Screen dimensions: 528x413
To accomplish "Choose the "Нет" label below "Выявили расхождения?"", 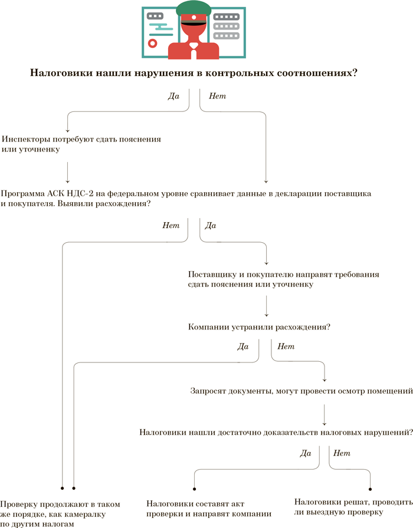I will coord(171,225).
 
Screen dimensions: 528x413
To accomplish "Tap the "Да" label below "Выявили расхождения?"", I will coord(210,225).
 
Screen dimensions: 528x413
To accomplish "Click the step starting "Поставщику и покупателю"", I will coord(283,279).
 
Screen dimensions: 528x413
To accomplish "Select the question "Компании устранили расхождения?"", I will coord(258,326).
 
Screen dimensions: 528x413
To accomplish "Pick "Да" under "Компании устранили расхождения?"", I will coord(242,346).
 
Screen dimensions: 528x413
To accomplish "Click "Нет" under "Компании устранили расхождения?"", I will coord(286,346).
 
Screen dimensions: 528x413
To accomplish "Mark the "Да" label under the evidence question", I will coord(305,453).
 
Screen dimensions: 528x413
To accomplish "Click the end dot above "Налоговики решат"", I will coord(371,489).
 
